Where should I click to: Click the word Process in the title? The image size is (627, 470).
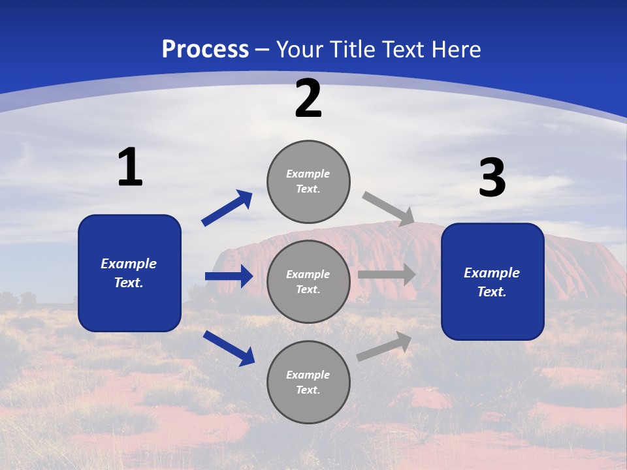click(x=205, y=50)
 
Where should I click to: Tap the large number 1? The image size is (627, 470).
click(x=130, y=168)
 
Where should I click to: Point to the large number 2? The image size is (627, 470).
click(x=308, y=99)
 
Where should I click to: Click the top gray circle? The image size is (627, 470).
click(x=308, y=181)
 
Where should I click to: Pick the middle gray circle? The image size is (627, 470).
click(x=308, y=281)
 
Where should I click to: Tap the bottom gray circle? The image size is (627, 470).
click(x=308, y=382)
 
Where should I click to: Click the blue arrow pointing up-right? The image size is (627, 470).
click(x=227, y=208)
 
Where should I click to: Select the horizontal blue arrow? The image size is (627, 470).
click(x=229, y=276)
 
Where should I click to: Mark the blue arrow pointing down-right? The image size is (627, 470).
click(x=229, y=348)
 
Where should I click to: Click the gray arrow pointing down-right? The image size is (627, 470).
click(x=389, y=208)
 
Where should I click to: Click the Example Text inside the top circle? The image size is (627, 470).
click(x=308, y=181)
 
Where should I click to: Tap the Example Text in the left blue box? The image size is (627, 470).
click(x=129, y=273)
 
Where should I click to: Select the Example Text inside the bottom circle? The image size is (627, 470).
click(x=308, y=382)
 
